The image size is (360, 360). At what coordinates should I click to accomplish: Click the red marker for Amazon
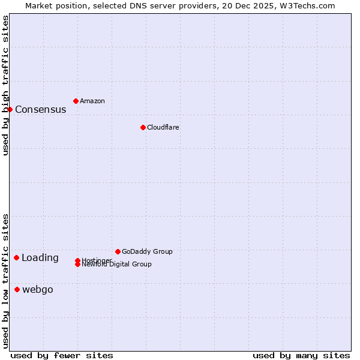tap(76, 101)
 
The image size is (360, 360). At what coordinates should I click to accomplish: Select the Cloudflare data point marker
tap(143, 127)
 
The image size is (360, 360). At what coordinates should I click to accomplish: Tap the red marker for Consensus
tap(10, 109)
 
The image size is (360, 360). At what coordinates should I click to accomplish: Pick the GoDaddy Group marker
tap(118, 251)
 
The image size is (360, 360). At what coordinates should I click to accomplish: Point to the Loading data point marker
tap(16, 257)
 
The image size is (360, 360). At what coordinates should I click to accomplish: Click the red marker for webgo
tap(17, 289)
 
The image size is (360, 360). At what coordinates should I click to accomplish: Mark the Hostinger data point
tap(78, 260)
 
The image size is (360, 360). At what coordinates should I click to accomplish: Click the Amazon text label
tap(92, 101)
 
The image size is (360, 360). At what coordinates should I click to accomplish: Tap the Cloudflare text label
tap(163, 127)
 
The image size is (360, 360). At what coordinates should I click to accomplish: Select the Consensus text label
tap(40, 109)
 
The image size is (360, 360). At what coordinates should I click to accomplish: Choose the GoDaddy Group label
tap(147, 251)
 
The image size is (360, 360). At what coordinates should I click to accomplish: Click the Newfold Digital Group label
tap(117, 265)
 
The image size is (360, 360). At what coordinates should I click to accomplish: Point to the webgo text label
tap(38, 290)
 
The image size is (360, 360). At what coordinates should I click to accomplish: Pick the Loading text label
tap(40, 258)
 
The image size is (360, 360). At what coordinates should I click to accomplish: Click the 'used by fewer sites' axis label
tap(62, 355)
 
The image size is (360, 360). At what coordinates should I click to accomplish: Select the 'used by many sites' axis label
tap(301, 355)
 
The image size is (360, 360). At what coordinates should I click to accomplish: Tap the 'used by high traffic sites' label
tap(5, 85)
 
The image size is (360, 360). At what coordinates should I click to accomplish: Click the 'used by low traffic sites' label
tap(5, 280)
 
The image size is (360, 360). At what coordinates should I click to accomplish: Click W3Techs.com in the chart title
tap(306, 5)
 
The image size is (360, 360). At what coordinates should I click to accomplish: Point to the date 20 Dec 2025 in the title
tap(247, 5)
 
